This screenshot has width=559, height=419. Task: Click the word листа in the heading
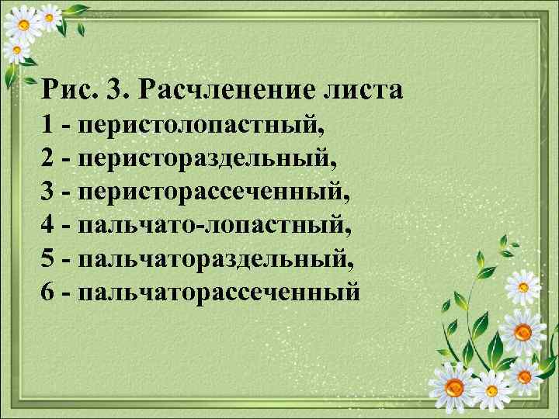[x=361, y=90]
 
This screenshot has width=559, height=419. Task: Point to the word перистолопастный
[x=200, y=124]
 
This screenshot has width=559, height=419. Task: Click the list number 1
[x=49, y=124]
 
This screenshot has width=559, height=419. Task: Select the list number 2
[x=49, y=158]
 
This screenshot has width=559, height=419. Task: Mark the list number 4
[x=49, y=225]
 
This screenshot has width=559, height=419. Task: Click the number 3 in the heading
[x=117, y=90]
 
